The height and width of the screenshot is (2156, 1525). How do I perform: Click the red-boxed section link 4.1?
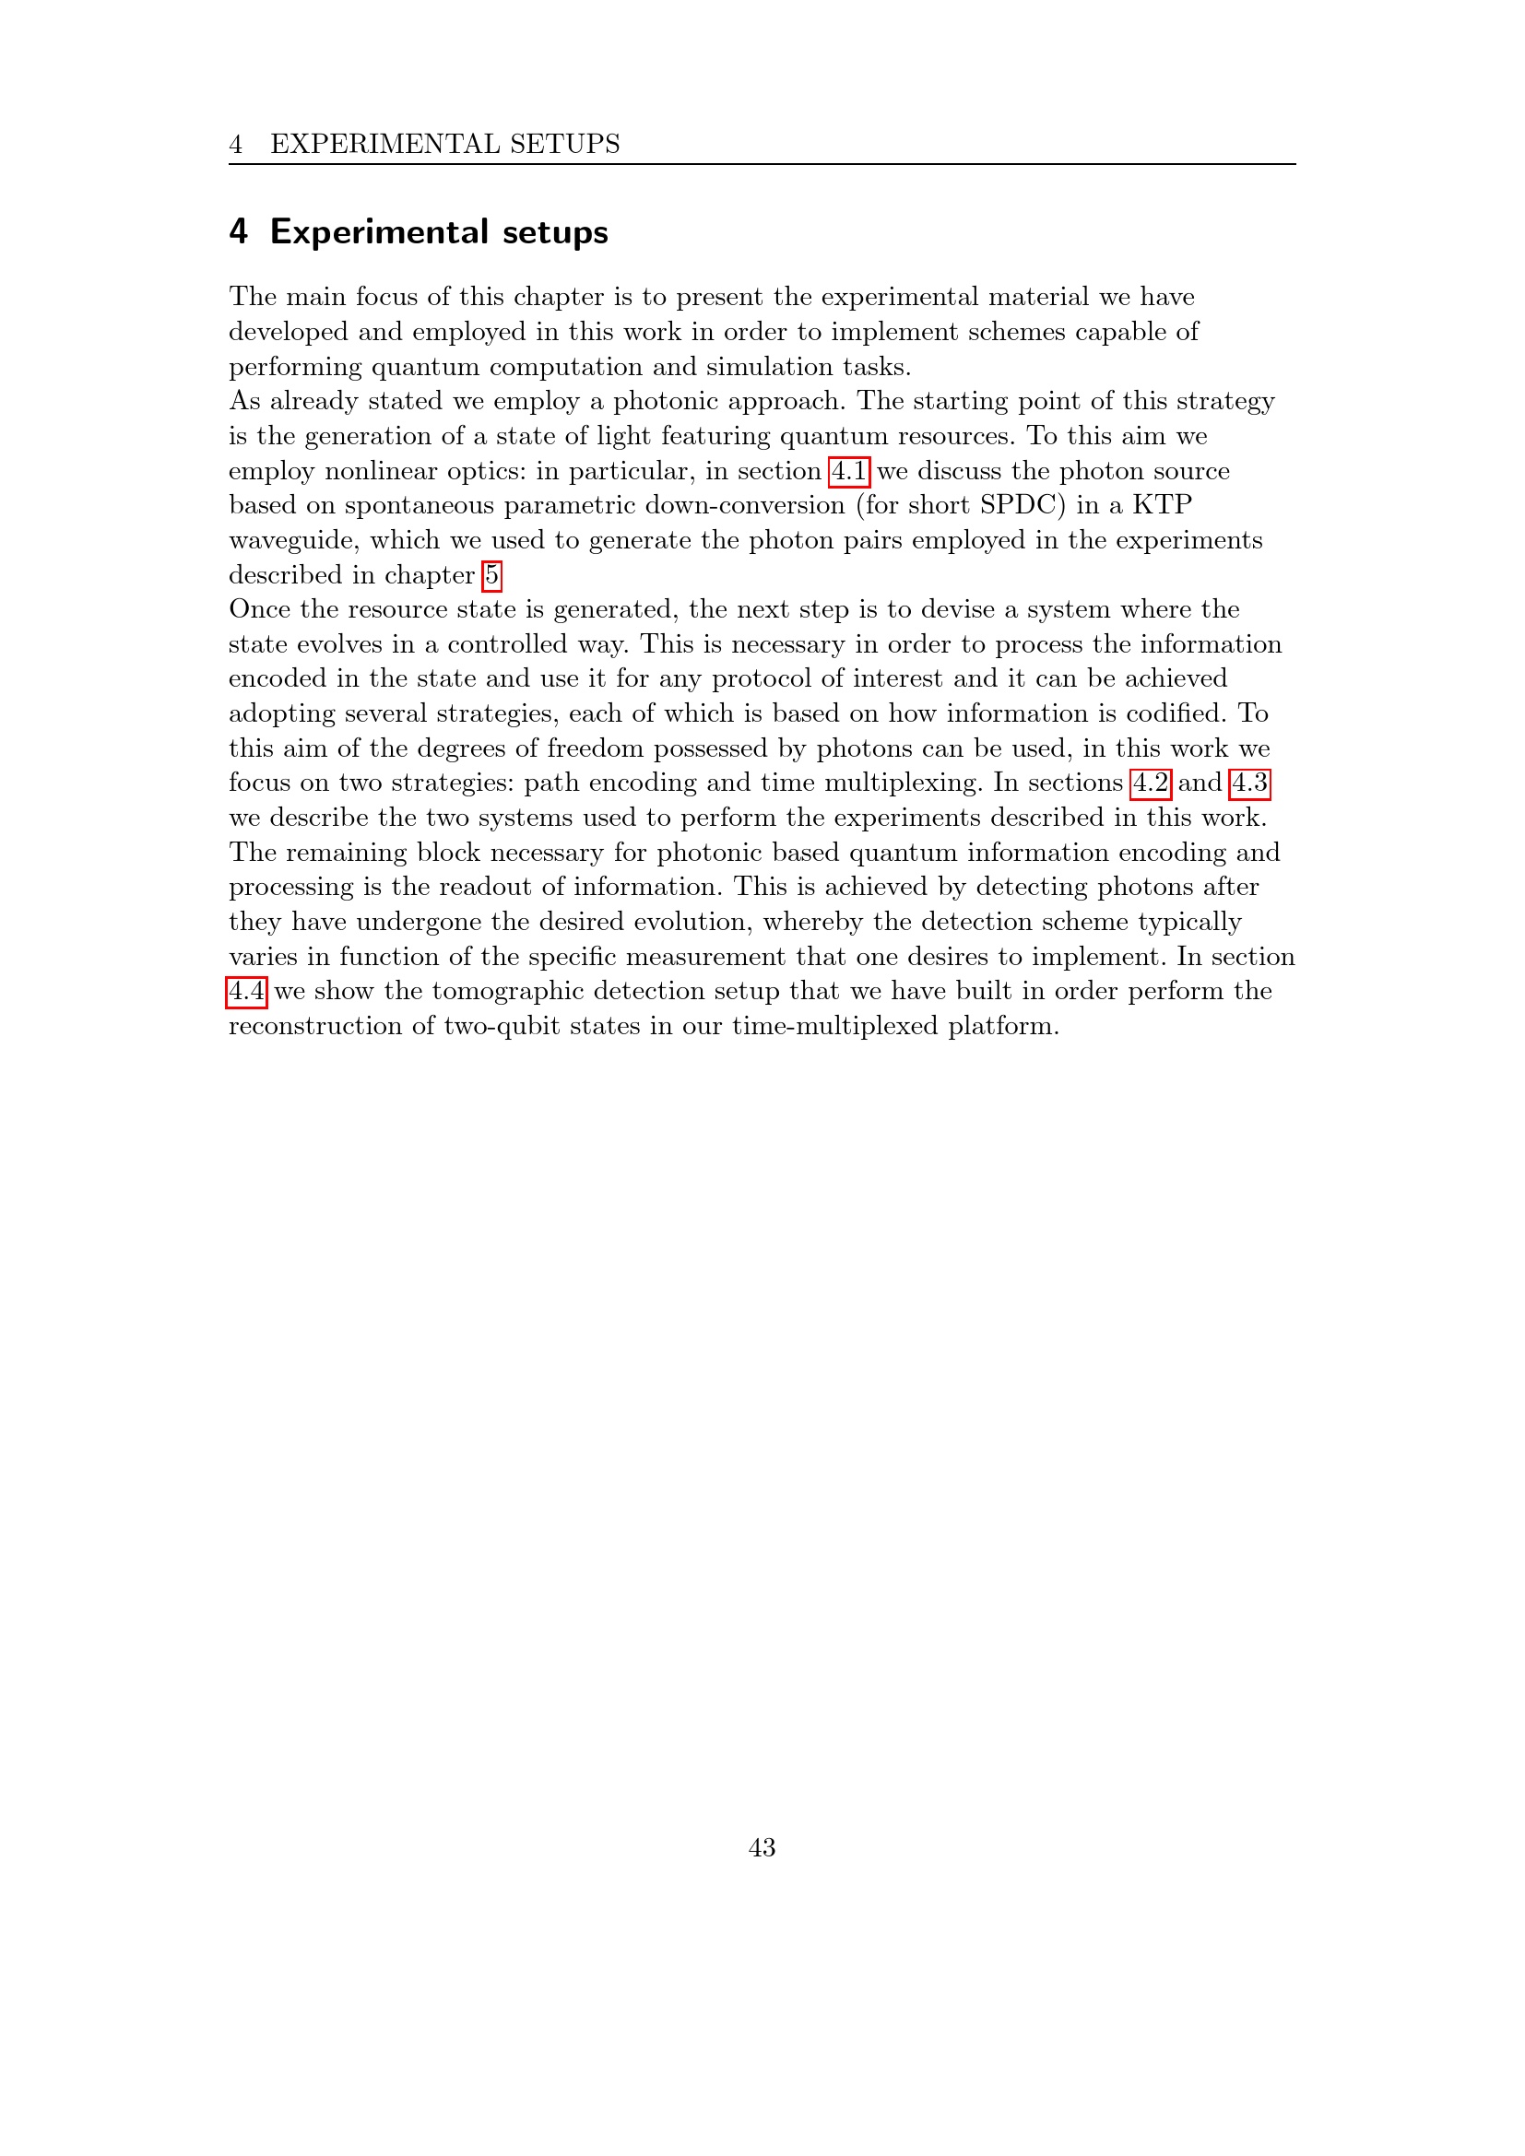pyautogui.click(x=849, y=470)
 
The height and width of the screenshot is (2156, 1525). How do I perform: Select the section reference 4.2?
pyautogui.click(x=1151, y=783)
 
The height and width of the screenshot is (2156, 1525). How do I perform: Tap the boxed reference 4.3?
pyautogui.click(x=1250, y=783)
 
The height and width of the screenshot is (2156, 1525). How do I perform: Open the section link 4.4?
pyautogui.click(x=247, y=991)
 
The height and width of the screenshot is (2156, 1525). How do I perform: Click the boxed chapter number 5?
pyautogui.click(x=492, y=574)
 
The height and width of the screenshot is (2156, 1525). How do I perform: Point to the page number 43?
pyautogui.click(x=762, y=1847)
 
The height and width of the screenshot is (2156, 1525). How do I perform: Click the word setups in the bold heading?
pyautogui.click(x=555, y=232)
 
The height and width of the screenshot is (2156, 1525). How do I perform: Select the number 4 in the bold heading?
pyautogui.click(x=239, y=232)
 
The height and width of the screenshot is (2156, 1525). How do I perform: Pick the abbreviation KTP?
pyautogui.click(x=1162, y=505)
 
